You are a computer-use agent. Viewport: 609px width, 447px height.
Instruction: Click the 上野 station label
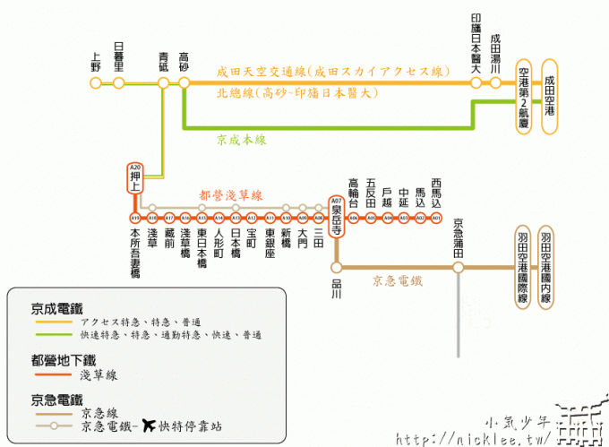point(96,61)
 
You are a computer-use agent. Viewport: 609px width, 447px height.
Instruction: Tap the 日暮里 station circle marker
point(118,83)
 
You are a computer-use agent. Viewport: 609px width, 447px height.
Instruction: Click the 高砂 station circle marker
point(184,83)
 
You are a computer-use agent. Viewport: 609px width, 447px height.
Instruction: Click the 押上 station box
point(135,177)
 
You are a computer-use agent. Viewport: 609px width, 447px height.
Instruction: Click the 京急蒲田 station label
point(458,239)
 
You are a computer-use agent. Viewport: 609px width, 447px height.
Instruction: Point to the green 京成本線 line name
point(241,140)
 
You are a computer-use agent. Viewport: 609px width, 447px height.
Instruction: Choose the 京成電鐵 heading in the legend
point(56,305)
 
